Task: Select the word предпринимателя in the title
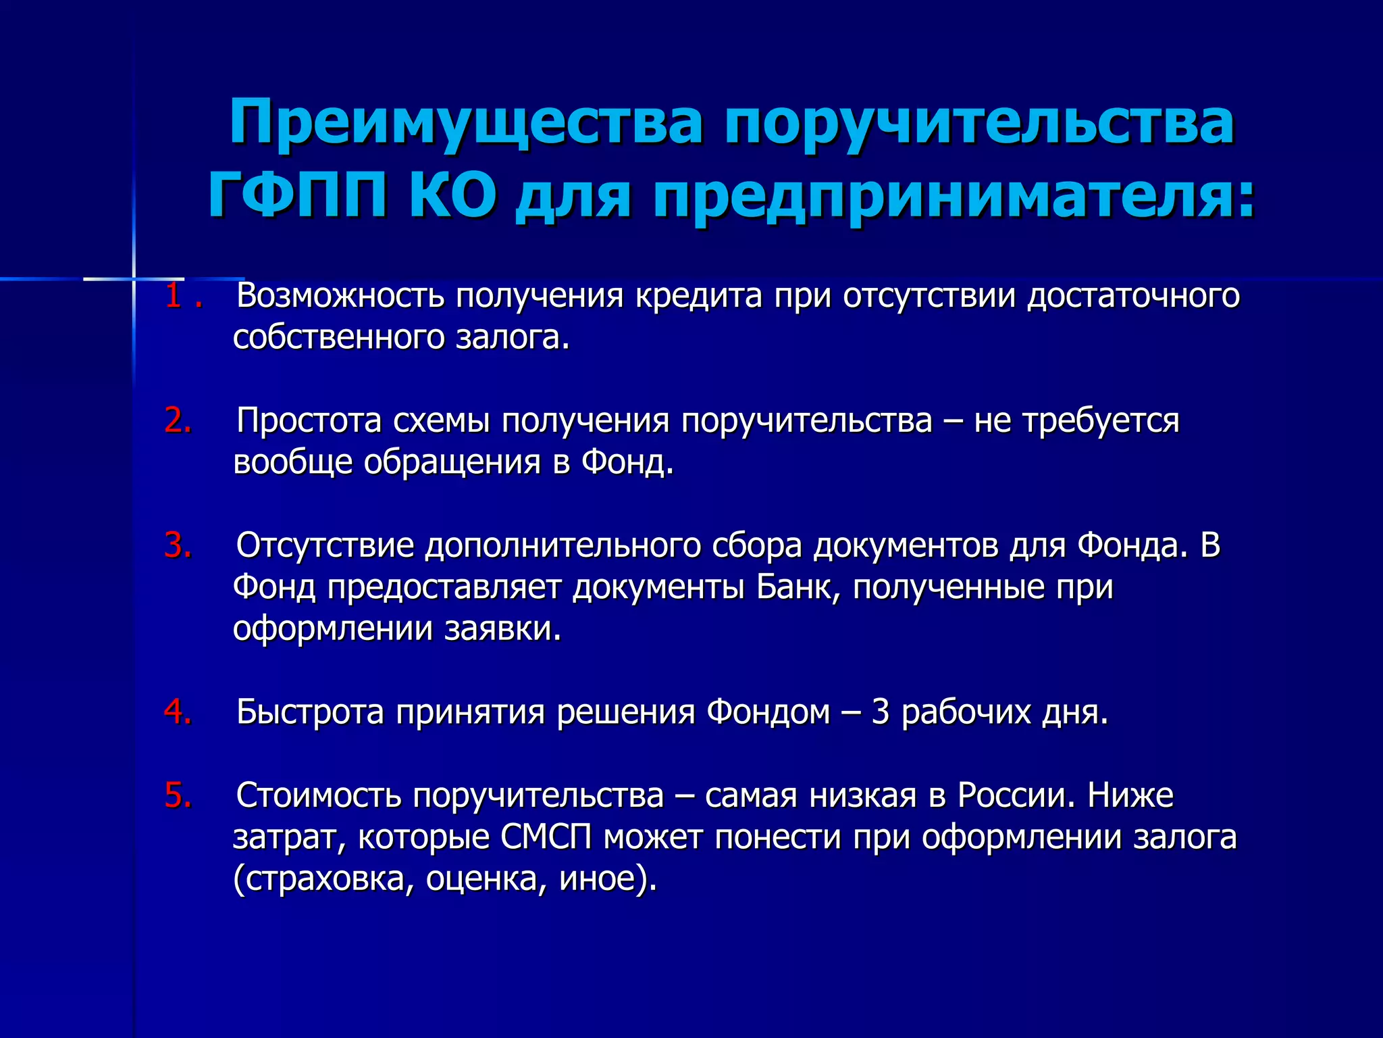(x=953, y=198)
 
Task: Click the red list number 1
(x=174, y=296)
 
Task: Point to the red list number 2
(x=177, y=420)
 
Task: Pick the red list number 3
(x=177, y=545)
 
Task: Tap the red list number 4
(x=177, y=712)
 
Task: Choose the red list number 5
(x=177, y=795)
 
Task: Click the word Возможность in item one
(x=340, y=296)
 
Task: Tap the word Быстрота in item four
(x=310, y=712)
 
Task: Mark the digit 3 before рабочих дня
(x=880, y=712)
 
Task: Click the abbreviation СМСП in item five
(x=546, y=837)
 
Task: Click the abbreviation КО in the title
(x=452, y=197)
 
